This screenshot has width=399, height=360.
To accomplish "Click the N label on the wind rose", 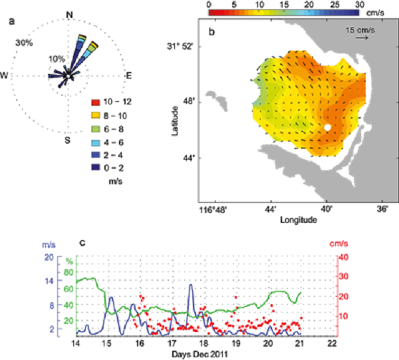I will [x=70, y=13].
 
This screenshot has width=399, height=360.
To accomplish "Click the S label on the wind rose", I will [x=68, y=140].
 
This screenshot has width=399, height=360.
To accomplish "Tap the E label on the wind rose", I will [x=129, y=76].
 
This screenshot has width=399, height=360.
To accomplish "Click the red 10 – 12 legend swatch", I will [x=96, y=102].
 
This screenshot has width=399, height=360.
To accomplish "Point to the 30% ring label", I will [x=24, y=43].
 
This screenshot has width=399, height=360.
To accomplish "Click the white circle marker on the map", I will [x=327, y=127].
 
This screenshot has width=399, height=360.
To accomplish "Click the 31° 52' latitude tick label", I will [x=179, y=46].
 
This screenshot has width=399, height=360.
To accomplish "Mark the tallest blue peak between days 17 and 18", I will [x=191, y=285].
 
